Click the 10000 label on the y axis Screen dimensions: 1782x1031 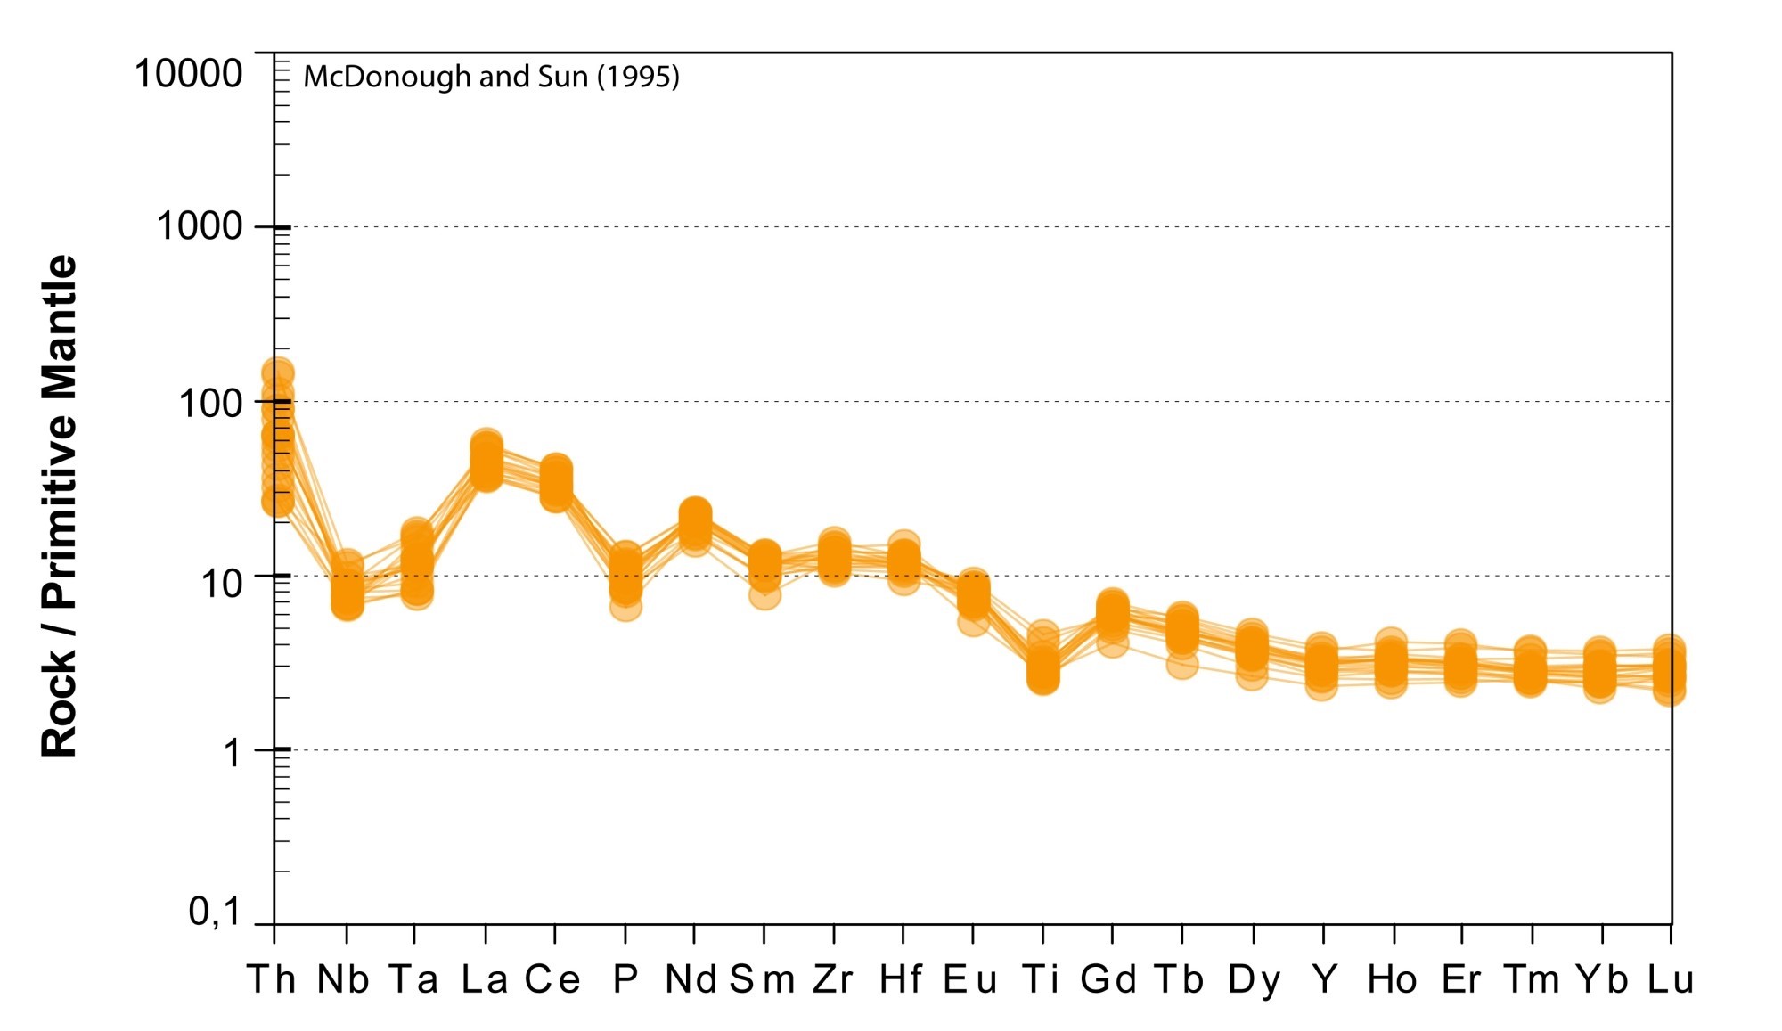click(188, 73)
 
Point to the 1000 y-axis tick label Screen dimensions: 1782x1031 click(200, 226)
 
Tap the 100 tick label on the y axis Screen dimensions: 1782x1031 click(211, 403)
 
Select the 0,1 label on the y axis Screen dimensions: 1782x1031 click(215, 912)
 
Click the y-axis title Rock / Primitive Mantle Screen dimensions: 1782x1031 click(60, 506)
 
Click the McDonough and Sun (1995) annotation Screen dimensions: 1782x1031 click(491, 77)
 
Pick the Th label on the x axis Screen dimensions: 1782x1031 click(272, 979)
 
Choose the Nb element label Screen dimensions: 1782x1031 click(344, 979)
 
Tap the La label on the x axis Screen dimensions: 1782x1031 click(485, 979)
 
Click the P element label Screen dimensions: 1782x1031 click(625, 979)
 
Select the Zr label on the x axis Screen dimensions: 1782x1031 click(833, 979)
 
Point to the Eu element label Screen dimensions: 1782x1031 click(970, 979)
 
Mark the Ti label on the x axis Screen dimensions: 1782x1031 click(1041, 979)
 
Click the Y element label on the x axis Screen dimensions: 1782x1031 click(1324, 979)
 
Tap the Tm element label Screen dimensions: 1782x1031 click(1533, 979)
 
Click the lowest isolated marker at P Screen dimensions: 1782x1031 click(625, 607)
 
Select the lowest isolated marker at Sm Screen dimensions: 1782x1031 click(764, 594)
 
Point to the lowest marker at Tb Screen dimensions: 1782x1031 click(1182, 663)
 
